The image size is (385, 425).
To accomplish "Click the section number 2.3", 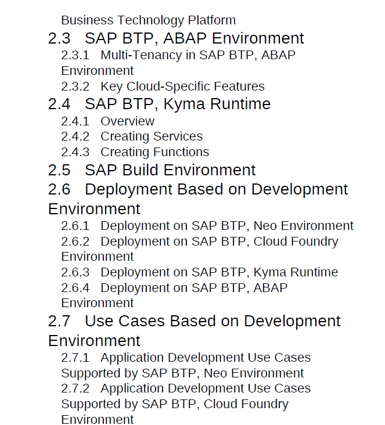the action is click(59, 38).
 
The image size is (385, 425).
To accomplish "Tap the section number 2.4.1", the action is click(75, 121).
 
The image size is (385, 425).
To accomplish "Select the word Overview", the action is click(127, 121).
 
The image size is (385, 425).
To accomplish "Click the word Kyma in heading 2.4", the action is click(184, 105).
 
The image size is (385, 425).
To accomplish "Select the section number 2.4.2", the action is click(75, 136).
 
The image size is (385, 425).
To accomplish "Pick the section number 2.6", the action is click(59, 189).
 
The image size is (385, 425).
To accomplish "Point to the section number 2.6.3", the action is click(75, 272).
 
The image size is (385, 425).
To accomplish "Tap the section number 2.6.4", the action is click(75, 288).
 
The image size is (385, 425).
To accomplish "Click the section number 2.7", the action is click(59, 321).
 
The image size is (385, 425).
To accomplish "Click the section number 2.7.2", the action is click(75, 388).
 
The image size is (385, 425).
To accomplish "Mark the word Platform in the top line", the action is click(212, 20).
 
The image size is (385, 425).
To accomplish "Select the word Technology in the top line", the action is click(151, 21).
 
